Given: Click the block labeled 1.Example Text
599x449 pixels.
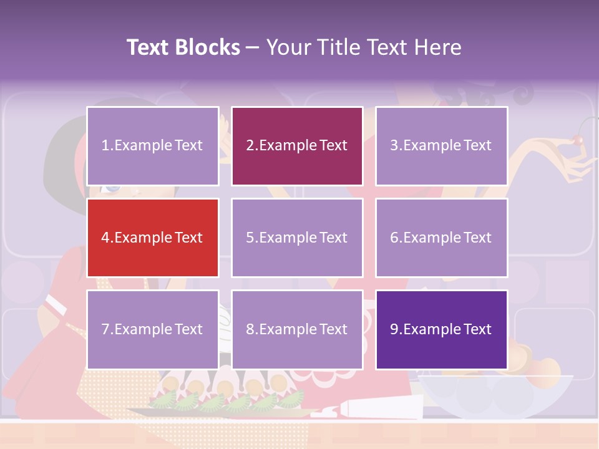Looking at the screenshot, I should point(152,146).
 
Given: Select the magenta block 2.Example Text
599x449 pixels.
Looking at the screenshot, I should point(296,146).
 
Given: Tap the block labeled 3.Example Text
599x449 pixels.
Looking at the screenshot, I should point(441,146).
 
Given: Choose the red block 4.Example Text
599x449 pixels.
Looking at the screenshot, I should point(152,238).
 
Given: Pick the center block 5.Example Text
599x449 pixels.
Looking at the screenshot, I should point(296,238).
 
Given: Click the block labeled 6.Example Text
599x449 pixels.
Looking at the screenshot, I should point(441,238).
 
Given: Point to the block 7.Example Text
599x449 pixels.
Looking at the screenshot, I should point(152,329).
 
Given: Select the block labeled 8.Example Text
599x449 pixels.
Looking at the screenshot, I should point(296,329).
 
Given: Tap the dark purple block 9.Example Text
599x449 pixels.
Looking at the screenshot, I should point(441,329).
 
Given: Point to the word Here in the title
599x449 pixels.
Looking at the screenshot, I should point(436,47).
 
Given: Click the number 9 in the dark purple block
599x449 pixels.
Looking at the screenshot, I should point(394,329).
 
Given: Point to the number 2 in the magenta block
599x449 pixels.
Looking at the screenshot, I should point(250,146).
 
